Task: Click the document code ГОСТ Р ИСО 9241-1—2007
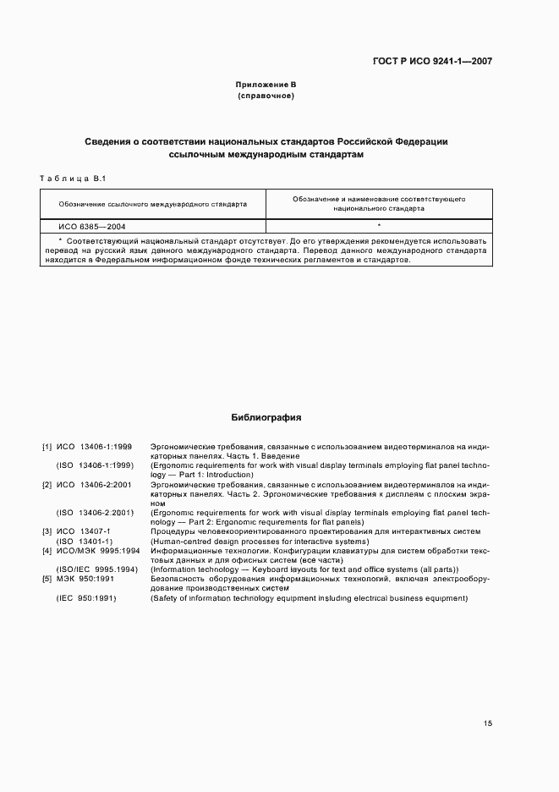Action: point(432,61)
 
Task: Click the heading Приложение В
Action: point(266,85)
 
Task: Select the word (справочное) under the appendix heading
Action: point(266,96)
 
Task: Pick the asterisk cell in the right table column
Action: point(379,226)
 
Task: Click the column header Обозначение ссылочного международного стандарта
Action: point(153,204)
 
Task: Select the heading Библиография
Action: point(266,417)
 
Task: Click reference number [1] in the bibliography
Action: point(47,446)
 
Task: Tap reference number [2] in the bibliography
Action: point(47,484)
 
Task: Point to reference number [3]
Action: point(47,531)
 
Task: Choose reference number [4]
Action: point(47,551)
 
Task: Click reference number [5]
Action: point(47,579)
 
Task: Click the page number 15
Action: point(487,723)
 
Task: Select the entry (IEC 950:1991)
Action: point(86,598)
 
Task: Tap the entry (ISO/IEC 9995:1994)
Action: point(96,569)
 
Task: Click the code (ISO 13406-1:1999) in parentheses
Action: point(95,465)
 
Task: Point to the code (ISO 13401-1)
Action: point(85,542)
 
